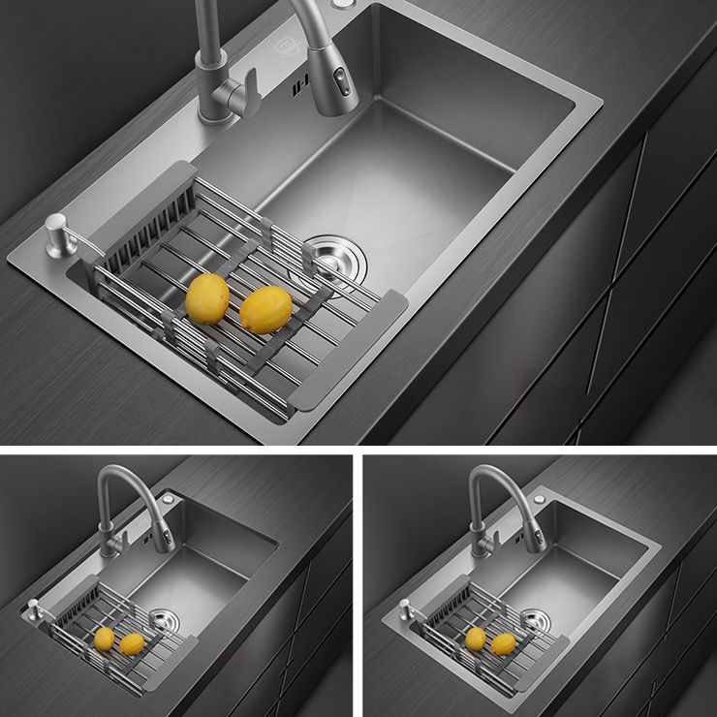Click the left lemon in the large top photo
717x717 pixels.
point(207,298)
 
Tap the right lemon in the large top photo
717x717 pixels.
point(265,310)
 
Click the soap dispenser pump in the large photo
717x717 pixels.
point(56,235)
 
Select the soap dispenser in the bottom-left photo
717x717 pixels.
point(35,611)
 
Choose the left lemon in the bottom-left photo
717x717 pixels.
point(104,639)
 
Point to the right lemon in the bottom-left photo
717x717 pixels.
point(131,644)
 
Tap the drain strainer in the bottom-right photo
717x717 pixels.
point(535,618)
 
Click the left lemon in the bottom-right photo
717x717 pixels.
point(475,639)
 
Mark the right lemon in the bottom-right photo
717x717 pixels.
point(503,644)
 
